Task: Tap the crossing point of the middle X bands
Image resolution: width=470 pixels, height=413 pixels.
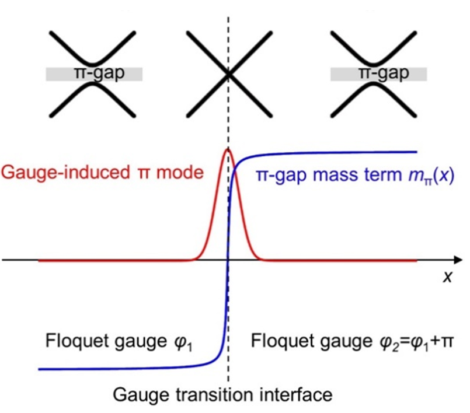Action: click(x=228, y=74)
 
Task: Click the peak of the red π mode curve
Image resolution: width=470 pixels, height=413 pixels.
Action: click(x=227, y=150)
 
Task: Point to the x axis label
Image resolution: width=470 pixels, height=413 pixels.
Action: click(x=448, y=277)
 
